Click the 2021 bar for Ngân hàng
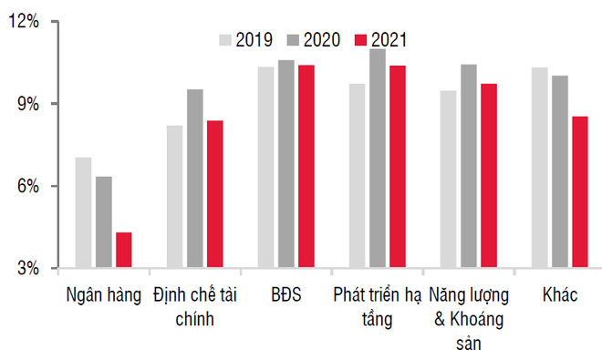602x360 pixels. pyautogui.click(x=123, y=251)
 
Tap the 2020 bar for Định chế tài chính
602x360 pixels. pyautogui.click(x=194, y=179)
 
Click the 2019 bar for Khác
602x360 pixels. pyautogui.click(x=539, y=168)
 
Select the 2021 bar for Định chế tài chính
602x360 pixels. pyautogui.click(x=214, y=194)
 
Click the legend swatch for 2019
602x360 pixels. pyautogui.click(x=226, y=39)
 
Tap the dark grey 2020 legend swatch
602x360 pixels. pyautogui.click(x=294, y=39)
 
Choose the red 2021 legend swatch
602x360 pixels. pyautogui.click(x=361, y=39)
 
